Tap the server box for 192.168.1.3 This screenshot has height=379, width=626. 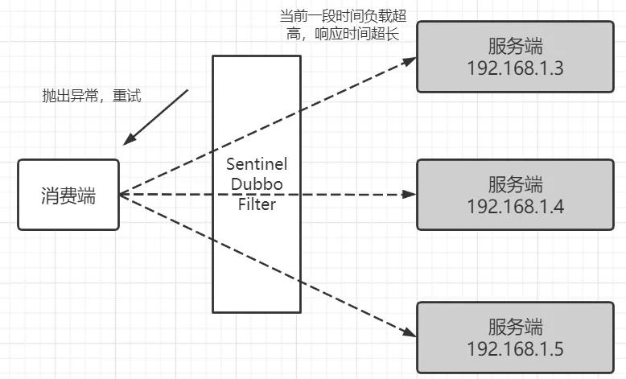(515, 56)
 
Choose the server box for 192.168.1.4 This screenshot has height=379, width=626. (515, 194)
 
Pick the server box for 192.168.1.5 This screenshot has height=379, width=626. (515, 337)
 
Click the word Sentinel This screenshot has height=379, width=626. (256, 164)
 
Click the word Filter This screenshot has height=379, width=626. (256, 204)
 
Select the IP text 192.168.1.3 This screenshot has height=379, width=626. (515, 67)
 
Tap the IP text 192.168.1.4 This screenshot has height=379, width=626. (515, 206)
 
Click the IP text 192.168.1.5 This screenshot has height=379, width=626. (515, 348)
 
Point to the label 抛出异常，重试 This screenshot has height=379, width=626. (91, 96)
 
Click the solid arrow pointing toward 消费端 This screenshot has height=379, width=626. (157, 116)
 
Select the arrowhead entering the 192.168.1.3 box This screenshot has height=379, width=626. (410, 60)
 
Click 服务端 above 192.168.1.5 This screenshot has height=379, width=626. (515, 327)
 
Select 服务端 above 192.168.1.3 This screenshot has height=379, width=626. (515, 45)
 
